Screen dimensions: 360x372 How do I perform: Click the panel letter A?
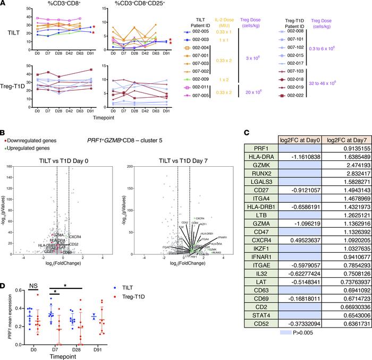pos(4,4)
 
